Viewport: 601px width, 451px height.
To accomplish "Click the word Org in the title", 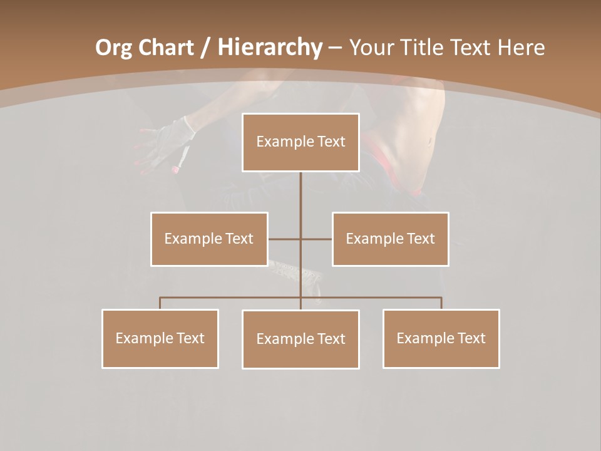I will pyautogui.click(x=113, y=48).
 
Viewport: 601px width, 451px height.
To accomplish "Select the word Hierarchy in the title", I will pyautogui.click(x=270, y=48).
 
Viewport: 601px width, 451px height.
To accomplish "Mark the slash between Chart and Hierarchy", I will pyautogui.click(x=206, y=48).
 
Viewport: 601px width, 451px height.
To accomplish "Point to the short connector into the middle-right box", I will pyautogui.click(x=317, y=239).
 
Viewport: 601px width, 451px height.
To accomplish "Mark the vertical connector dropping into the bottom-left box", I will pyautogui.click(x=160, y=303).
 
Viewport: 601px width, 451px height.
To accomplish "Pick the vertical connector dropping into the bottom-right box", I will pyautogui.click(x=441, y=303).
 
